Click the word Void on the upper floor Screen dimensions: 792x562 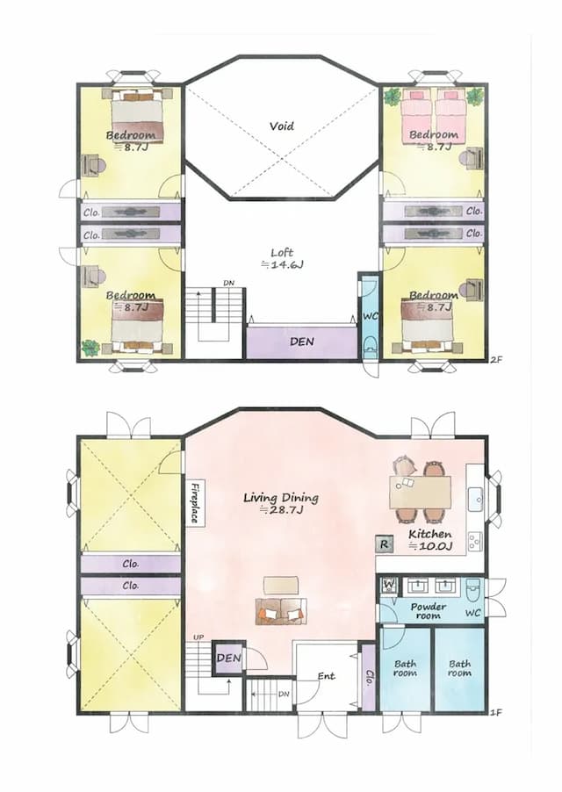(281, 126)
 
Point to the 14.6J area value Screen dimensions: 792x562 (281, 263)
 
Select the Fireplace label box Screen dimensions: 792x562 (195, 502)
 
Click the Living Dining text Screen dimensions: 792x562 (280, 498)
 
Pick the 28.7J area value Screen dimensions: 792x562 (280, 510)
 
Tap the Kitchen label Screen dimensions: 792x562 (430, 534)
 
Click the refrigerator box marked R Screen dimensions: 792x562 (384, 544)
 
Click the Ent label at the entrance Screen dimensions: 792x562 (327, 676)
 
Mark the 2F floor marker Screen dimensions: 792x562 (496, 360)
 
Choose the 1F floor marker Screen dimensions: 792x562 (496, 714)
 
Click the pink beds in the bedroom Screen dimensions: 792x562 (435, 114)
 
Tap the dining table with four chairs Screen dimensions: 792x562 (420, 491)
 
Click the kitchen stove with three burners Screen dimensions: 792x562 (474, 539)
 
